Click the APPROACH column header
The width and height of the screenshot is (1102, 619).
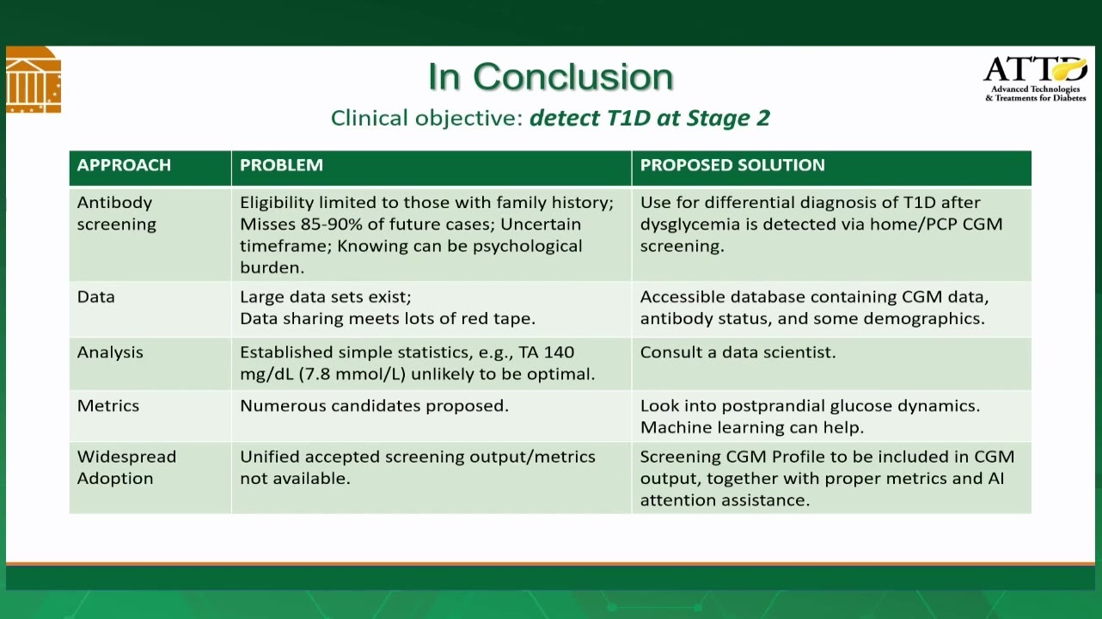(124, 165)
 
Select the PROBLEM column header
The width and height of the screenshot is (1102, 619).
(281, 165)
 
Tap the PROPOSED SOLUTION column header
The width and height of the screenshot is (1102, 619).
(732, 165)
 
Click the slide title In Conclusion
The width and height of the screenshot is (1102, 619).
(550, 77)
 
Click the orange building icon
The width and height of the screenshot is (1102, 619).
(34, 80)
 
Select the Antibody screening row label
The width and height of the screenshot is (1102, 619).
(117, 213)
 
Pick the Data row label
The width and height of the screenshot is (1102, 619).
(96, 297)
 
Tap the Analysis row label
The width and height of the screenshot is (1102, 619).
(110, 352)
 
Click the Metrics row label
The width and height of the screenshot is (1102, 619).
(108, 406)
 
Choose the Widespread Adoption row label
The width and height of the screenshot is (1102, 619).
(126, 468)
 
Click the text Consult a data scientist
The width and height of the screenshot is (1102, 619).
(738, 352)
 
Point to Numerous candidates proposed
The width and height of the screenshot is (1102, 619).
(375, 406)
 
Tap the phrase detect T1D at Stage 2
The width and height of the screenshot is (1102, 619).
(649, 118)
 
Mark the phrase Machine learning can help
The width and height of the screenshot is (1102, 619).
(752, 427)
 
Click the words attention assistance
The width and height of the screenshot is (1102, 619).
(725, 499)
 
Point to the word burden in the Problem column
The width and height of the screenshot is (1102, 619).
(272, 267)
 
